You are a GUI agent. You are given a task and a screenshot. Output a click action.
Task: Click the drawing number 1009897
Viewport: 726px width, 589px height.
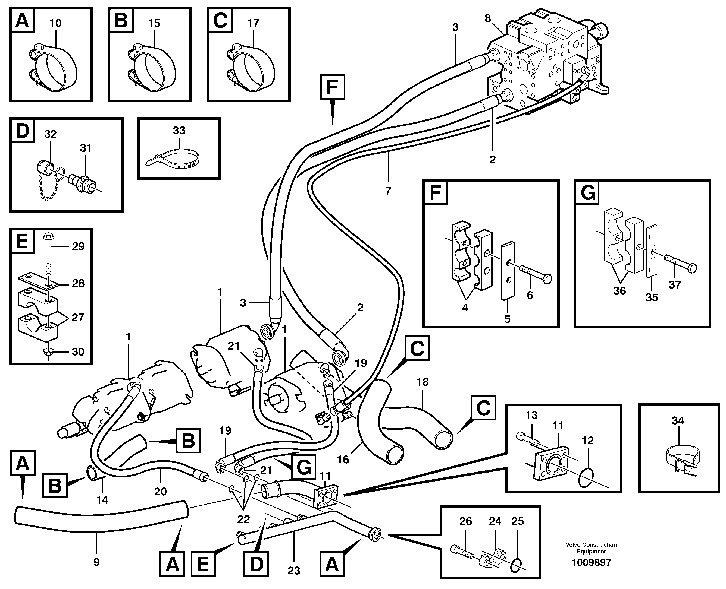click(x=591, y=562)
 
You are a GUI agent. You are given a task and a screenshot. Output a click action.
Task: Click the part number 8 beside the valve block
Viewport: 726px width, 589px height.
click(x=488, y=19)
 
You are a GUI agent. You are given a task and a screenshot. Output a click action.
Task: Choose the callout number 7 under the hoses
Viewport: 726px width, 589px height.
click(x=388, y=191)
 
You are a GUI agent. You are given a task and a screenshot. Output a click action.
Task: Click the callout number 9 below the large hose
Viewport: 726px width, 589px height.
click(x=96, y=562)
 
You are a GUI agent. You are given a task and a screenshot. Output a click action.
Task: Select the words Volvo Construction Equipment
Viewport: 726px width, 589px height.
click(x=591, y=548)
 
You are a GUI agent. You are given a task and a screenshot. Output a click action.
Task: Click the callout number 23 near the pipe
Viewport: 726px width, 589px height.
click(x=294, y=571)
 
